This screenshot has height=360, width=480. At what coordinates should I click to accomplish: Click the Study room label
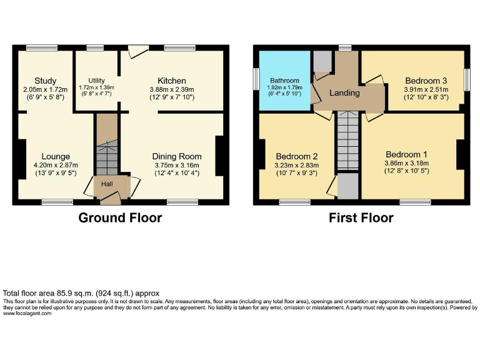pos(46,81)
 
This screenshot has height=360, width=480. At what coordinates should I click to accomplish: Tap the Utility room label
pos(96,81)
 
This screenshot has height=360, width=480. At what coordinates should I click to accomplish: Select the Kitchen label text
pos(171,81)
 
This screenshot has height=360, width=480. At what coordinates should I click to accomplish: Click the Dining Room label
pos(177,156)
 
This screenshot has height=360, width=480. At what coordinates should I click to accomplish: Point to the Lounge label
pos(56,156)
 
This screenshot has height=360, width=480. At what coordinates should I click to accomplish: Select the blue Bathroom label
pos(285,81)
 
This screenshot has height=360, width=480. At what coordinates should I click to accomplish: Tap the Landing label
pos(344,93)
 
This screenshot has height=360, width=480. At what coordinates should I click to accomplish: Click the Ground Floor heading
pos(120,218)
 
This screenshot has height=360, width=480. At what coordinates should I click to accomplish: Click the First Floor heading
pos(361,218)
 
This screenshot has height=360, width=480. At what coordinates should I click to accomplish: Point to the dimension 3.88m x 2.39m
pos(171,89)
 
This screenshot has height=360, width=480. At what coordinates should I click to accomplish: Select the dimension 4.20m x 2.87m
pos(56,165)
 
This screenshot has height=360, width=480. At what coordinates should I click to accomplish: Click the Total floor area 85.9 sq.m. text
pos(81,292)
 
